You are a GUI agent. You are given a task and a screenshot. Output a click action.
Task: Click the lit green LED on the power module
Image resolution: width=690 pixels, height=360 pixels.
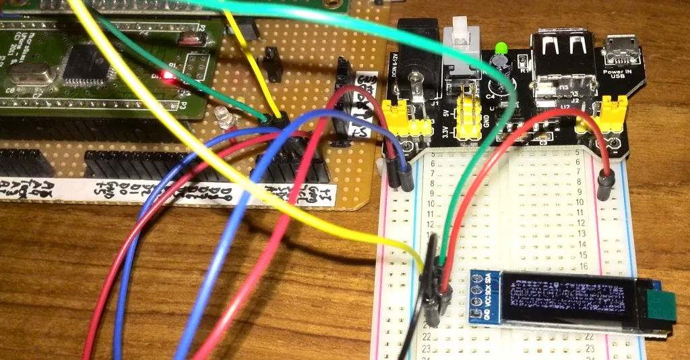tap(501, 48)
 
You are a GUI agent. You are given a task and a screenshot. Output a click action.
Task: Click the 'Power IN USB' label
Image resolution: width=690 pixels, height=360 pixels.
tap(618, 73)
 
